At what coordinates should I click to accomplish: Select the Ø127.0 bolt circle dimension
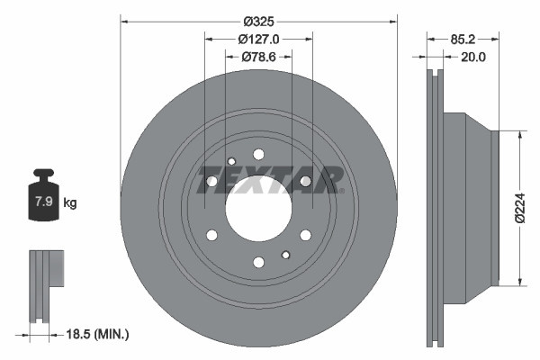tap(259, 39)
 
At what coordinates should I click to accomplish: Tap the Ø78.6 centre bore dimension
tap(259, 57)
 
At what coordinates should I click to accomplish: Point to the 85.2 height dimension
tap(463, 39)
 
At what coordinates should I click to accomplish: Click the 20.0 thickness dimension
tap(472, 57)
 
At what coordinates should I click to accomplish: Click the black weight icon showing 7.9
tap(42, 201)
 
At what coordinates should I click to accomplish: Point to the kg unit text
tap(70, 203)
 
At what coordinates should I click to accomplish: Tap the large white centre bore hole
tap(258, 208)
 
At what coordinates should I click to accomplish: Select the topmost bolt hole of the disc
tap(258, 154)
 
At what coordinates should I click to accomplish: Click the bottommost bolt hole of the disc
tap(258, 262)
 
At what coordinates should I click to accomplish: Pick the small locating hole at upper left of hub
tap(231, 162)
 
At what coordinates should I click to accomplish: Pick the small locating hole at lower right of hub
tap(285, 254)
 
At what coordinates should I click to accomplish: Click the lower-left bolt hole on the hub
tap(212, 235)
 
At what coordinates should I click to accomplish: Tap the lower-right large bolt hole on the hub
tap(305, 235)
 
